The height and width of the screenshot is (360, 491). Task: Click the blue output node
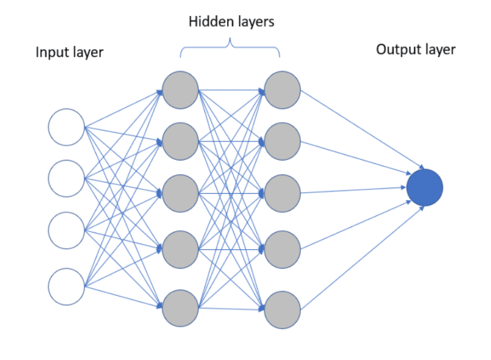click(425, 187)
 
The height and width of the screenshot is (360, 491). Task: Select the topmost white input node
click(66, 127)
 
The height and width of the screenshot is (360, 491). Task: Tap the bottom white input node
click(66, 286)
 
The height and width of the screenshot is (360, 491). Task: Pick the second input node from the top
click(66, 178)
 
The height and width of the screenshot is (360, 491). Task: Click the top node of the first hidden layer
click(181, 90)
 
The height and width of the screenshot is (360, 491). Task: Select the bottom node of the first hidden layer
click(181, 308)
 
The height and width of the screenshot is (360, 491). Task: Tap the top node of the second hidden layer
click(282, 90)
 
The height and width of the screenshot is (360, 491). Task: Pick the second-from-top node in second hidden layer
click(282, 141)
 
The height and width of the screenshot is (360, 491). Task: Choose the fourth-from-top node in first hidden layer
click(181, 249)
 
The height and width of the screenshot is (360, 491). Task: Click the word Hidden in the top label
click(207, 23)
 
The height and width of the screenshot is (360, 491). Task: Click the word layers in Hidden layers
click(252, 23)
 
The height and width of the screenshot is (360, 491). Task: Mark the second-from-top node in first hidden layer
click(181, 141)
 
